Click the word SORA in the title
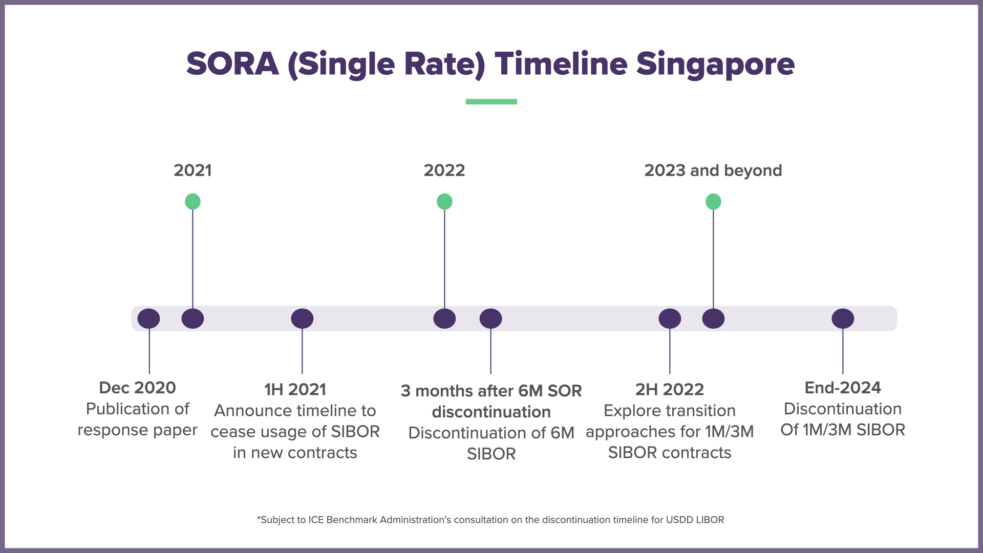coord(232,64)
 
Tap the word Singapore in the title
coord(715,64)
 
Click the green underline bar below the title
coord(491,101)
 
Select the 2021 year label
coord(193,170)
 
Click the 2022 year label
coord(444,170)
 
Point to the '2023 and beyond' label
coord(713,170)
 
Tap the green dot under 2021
coord(193,201)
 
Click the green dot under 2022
coord(444,201)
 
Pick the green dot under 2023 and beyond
coord(713,201)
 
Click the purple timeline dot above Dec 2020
coord(148,318)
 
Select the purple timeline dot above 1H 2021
coord(302,318)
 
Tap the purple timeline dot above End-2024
coord(843,318)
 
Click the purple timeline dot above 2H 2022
coord(670,318)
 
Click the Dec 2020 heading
coord(137,388)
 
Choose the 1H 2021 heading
coord(295,389)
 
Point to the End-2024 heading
coord(843,388)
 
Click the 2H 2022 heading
coord(670,389)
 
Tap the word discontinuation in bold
coord(491,412)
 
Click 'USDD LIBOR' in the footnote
coord(695,520)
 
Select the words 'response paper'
coord(137,430)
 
